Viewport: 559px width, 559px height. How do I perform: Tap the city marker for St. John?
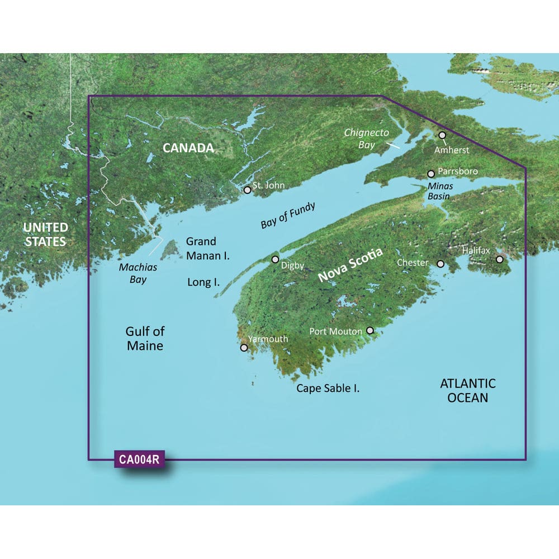coord(248,190)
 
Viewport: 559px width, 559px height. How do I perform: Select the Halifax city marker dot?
coord(500,259)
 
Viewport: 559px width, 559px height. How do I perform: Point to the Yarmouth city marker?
coord(244,348)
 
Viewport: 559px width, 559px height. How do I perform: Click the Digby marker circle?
coord(275,259)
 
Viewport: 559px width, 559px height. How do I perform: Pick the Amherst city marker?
coord(442,135)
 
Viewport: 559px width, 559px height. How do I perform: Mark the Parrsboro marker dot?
coord(431,174)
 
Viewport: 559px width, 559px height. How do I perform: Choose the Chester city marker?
coord(440,264)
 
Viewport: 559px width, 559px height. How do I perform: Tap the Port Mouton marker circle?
coord(369,331)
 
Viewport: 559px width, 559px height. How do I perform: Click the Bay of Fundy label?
coord(288,216)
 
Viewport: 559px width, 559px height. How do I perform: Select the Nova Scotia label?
coord(350,265)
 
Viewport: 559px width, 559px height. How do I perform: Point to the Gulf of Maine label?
coord(145,338)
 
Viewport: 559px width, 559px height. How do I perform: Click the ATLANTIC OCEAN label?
coord(467,390)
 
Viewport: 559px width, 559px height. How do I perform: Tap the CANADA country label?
coord(188,148)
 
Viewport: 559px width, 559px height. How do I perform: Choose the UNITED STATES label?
coord(45,234)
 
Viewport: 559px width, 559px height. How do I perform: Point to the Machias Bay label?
coord(138,273)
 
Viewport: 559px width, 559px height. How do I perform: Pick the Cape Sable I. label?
coord(328,387)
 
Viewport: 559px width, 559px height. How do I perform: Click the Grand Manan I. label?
coord(208,248)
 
